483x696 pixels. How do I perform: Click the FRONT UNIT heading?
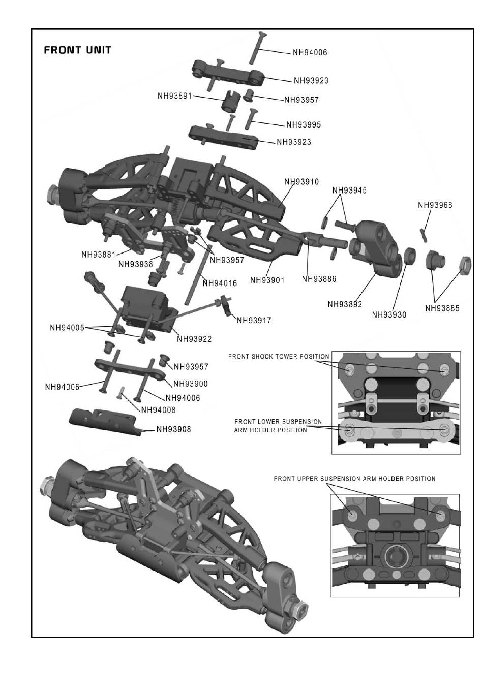click(77, 50)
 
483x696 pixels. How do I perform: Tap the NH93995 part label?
click(304, 124)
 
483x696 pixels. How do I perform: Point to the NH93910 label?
click(301, 181)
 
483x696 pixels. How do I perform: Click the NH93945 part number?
click(349, 191)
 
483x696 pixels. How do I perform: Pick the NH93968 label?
click(435, 205)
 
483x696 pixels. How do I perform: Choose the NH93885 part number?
click(442, 308)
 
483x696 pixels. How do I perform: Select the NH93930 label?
click(389, 314)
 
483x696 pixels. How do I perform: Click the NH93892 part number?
click(345, 304)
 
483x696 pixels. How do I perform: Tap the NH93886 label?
click(319, 279)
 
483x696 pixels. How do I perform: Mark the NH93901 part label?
click(267, 280)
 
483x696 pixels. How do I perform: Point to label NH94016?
click(220, 283)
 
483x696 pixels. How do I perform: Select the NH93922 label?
click(194, 339)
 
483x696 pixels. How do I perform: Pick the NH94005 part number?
click(67, 327)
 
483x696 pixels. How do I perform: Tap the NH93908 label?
click(173, 429)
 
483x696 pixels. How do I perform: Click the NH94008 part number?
click(158, 410)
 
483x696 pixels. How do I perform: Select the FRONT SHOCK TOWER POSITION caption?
click(279, 356)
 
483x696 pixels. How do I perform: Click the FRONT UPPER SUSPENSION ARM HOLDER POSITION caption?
click(354, 479)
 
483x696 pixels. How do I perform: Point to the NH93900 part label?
click(191, 384)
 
